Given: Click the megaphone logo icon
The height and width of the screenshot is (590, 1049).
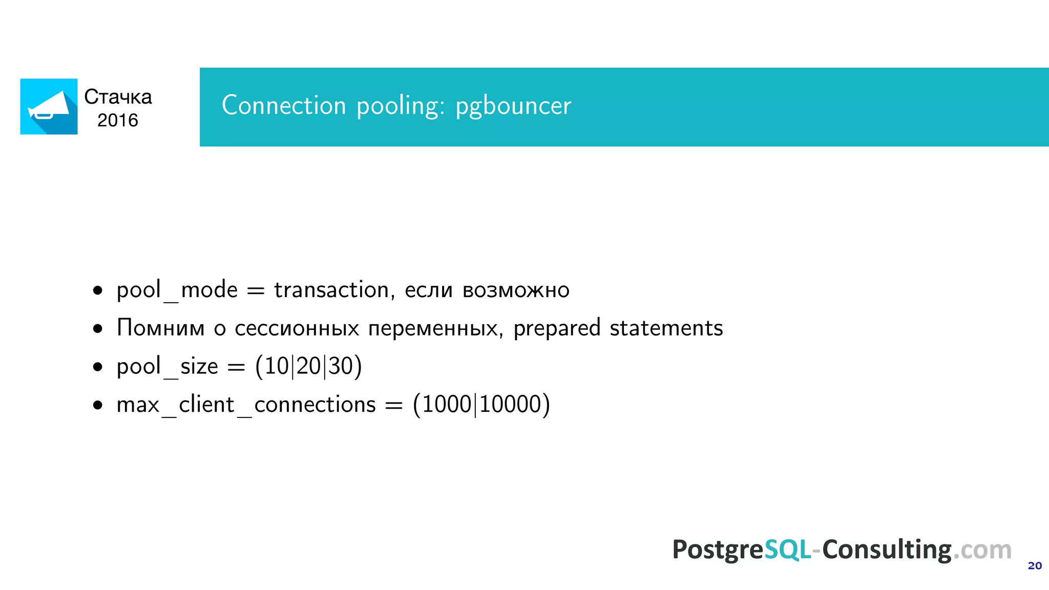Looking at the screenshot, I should click(49, 107).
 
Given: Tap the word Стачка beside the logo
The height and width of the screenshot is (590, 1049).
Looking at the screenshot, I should click(118, 97).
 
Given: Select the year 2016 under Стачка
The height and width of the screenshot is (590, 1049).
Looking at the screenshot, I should click(118, 120).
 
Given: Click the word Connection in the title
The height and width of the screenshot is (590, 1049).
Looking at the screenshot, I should click(284, 106).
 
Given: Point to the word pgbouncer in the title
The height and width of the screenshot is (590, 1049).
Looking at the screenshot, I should click(513, 107).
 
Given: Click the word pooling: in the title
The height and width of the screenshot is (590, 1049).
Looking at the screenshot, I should click(401, 107).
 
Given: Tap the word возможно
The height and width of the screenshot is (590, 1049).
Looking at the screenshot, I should click(516, 290).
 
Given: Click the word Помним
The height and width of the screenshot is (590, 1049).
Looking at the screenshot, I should click(160, 328).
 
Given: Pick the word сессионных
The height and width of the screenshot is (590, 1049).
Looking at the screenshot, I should click(297, 328).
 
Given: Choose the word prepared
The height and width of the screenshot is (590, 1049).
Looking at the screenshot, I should click(557, 328).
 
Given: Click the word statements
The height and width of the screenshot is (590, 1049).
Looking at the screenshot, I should click(666, 328).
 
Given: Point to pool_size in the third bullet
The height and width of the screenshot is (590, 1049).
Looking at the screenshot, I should click(167, 367).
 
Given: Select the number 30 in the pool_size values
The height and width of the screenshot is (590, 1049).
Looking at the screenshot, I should click(341, 366).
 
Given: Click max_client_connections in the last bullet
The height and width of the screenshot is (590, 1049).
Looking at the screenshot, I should click(246, 405).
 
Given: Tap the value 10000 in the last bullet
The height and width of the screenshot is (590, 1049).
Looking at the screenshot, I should click(510, 404).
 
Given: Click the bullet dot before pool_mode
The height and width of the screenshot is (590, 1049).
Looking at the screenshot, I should click(98, 291).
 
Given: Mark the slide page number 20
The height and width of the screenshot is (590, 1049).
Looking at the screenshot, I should click(1035, 565).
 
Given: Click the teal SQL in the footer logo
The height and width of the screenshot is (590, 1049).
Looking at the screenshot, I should click(787, 550).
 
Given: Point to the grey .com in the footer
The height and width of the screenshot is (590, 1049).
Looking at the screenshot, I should click(982, 550).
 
